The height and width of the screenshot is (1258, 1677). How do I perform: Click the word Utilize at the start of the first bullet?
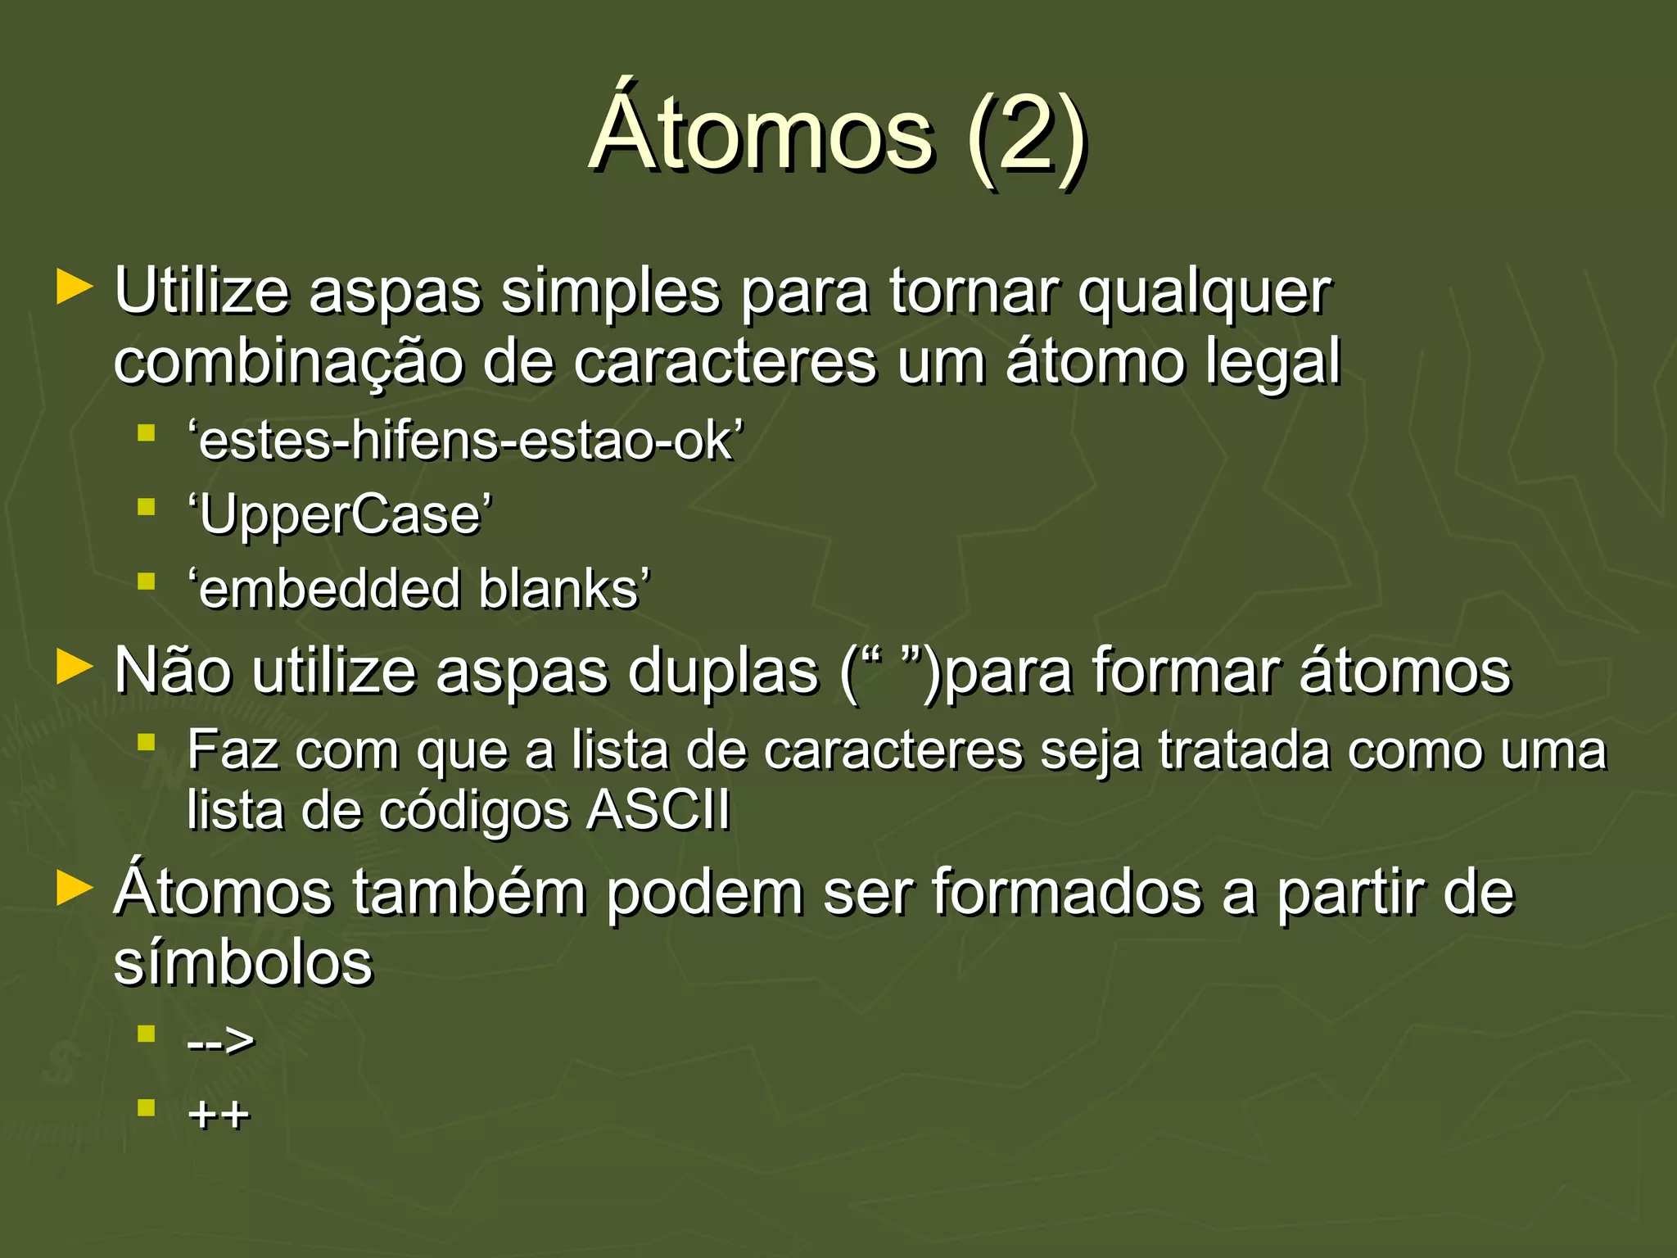(x=201, y=292)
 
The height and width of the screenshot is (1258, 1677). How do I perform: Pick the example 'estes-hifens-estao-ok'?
(x=465, y=441)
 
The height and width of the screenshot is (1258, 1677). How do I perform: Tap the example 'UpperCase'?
(x=340, y=515)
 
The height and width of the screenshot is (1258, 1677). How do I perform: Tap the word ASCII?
(x=659, y=810)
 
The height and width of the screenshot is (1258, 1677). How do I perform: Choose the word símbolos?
(x=243, y=962)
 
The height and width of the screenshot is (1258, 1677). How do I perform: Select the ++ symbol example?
(x=219, y=1115)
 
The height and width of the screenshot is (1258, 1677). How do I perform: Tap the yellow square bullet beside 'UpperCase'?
(x=147, y=508)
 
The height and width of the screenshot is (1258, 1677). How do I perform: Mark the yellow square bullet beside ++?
(x=147, y=1108)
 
